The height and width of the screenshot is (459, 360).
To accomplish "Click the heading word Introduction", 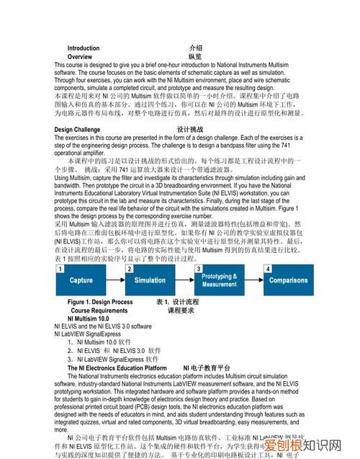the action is (83, 48).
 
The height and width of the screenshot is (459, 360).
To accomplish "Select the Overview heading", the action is (79, 56).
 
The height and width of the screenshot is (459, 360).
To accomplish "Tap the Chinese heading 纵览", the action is (195, 56).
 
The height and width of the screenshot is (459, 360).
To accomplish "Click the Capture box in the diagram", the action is (81, 280).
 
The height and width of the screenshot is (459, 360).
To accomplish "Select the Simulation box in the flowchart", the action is (150, 280).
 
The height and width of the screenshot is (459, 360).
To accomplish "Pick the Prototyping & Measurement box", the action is (220, 280).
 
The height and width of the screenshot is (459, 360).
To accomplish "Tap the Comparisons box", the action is (289, 280).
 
